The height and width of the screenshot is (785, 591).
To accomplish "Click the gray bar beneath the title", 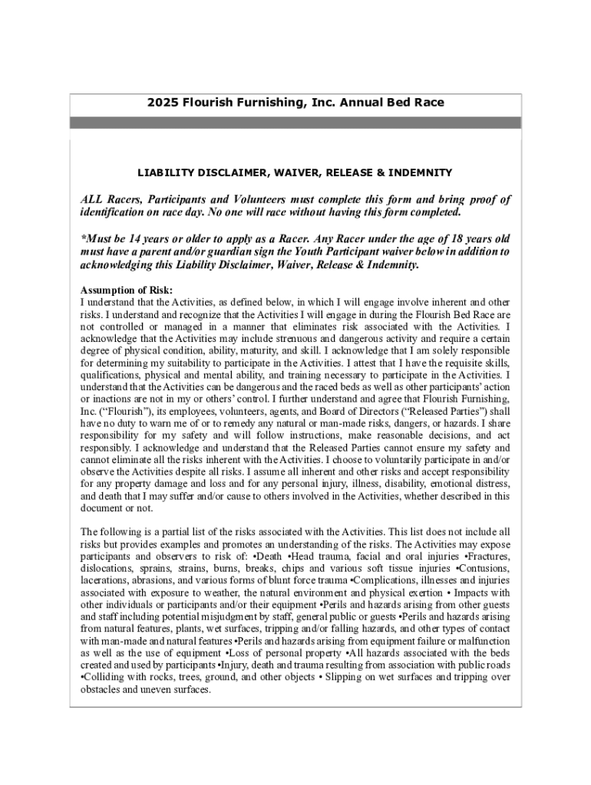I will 295,123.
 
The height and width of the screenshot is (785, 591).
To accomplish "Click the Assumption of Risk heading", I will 127,290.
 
